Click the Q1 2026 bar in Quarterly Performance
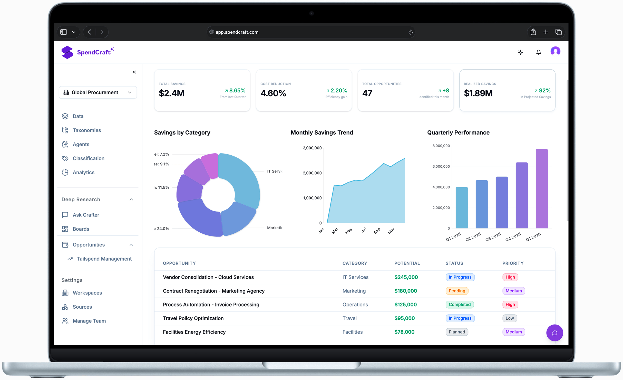coord(541,189)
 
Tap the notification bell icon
coord(538,52)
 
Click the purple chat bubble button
coord(554,333)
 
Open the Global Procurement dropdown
coord(98,92)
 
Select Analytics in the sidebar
coord(83,173)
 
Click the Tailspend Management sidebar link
coord(104,259)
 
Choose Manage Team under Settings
coord(89,321)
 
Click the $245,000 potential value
coord(406,277)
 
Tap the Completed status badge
coord(460,305)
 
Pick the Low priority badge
coord(509,318)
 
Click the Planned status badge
coord(457,332)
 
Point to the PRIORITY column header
coord(513,263)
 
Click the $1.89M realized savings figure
coord(478,93)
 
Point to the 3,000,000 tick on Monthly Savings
coord(312,148)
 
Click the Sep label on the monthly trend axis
coord(377,231)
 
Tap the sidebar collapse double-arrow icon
coord(134,72)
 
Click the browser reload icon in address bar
coord(410,32)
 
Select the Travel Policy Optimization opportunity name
coord(193,318)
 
